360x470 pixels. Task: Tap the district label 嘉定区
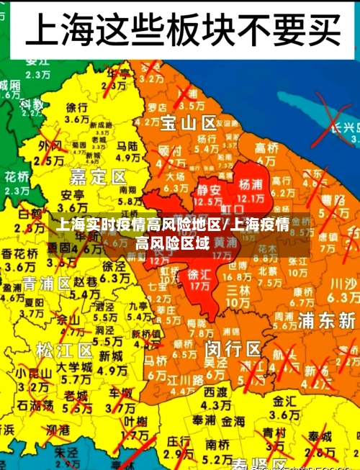coord(98,176)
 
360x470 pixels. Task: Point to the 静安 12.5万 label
coord(210,195)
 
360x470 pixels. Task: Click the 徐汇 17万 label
coord(199,280)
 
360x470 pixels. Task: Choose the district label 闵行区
coord(233,349)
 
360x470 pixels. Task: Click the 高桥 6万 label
coord(266,153)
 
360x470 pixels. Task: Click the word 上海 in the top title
coord(58,30)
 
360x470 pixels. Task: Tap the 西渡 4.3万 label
coord(215,397)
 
